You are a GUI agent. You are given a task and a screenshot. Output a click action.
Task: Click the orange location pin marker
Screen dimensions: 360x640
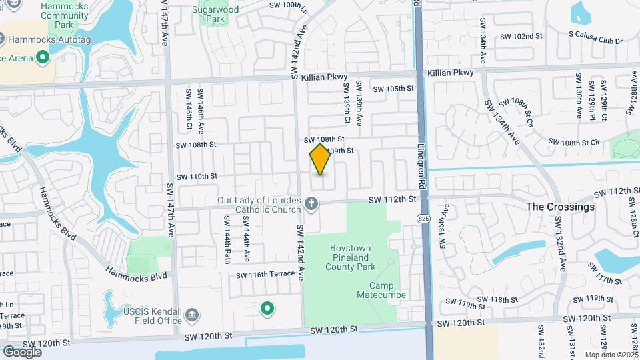[x=321, y=159]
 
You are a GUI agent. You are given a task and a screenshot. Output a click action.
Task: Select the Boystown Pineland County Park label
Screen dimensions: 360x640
[x=359, y=257]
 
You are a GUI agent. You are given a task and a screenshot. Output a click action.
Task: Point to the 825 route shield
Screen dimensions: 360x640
[x=426, y=218]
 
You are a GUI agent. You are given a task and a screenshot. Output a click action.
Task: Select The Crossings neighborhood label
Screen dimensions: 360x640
[x=560, y=207]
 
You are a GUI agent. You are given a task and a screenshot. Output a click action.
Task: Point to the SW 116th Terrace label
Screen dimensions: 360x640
[x=265, y=275]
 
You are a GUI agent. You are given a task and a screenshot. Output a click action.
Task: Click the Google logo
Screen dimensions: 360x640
[x=22, y=351]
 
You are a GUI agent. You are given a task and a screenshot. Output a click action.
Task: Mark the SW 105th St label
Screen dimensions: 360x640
[x=393, y=89]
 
